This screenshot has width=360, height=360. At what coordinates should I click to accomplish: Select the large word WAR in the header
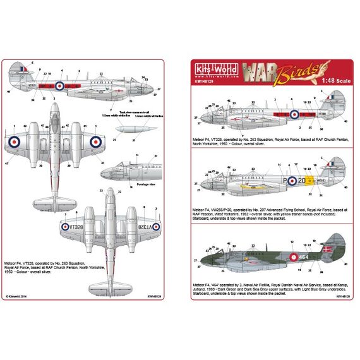tap(273, 70)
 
